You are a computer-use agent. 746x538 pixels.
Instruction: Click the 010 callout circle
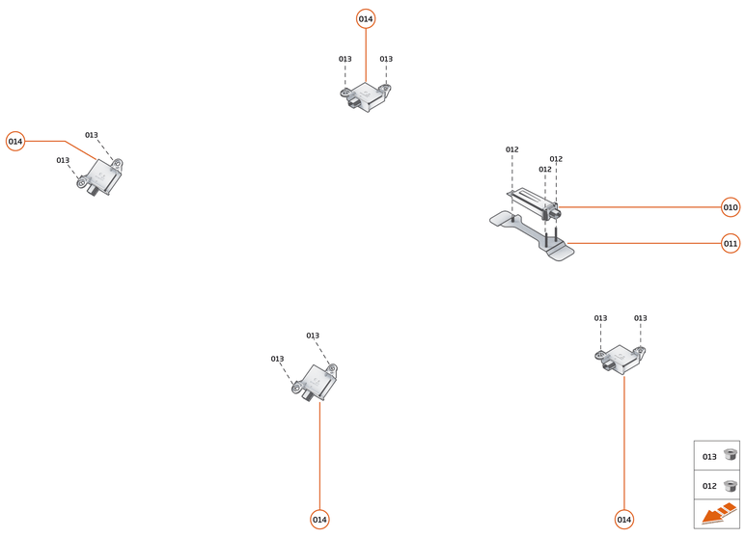(731, 207)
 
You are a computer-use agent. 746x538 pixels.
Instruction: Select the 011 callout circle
(731, 244)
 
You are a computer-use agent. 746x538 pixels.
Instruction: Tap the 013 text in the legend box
(709, 457)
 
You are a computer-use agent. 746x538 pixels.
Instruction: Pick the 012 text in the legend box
(709, 487)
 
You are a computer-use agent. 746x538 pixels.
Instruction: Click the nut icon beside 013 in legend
(730, 455)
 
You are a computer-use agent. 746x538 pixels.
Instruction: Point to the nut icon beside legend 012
(730, 486)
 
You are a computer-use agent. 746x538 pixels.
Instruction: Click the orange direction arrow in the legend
(717, 516)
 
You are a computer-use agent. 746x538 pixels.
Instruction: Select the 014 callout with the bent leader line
(15, 142)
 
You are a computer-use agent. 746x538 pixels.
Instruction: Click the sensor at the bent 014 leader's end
(100, 177)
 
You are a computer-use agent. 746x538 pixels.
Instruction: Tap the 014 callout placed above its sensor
(366, 19)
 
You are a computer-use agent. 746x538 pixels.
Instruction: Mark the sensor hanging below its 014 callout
(366, 95)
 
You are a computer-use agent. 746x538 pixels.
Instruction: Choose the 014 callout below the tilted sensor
(319, 520)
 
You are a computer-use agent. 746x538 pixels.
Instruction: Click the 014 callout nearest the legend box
(624, 520)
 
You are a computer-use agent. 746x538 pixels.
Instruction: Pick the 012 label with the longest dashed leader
(512, 149)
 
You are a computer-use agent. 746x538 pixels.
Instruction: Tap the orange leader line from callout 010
(642, 207)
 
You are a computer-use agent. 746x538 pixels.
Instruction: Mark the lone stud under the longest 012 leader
(512, 218)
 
